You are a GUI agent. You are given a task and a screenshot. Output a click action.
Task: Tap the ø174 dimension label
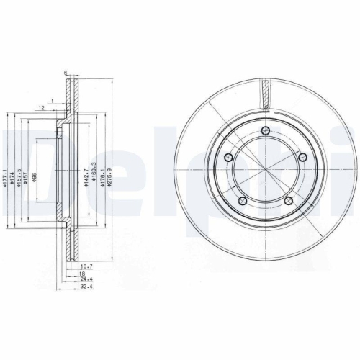(x=13, y=179)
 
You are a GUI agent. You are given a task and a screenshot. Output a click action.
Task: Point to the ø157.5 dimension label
(x=20, y=179)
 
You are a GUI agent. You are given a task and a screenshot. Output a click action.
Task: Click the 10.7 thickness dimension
(x=86, y=266)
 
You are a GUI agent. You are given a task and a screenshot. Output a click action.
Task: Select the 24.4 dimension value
(x=87, y=279)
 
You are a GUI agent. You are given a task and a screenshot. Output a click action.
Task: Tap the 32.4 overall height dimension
(x=87, y=287)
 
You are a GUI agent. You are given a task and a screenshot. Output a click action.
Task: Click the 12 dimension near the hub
(x=43, y=107)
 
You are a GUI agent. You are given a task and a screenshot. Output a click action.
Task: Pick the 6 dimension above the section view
(x=66, y=73)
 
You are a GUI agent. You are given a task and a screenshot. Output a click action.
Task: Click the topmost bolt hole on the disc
(x=266, y=130)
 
